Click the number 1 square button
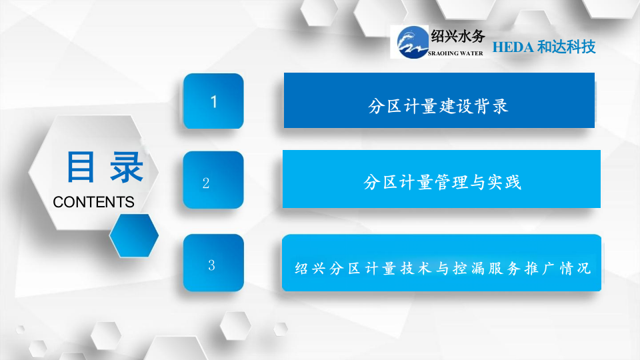coord(213,101)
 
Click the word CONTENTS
coord(93,202)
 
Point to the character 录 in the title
coord(126,167)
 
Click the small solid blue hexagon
coord(134,235)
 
